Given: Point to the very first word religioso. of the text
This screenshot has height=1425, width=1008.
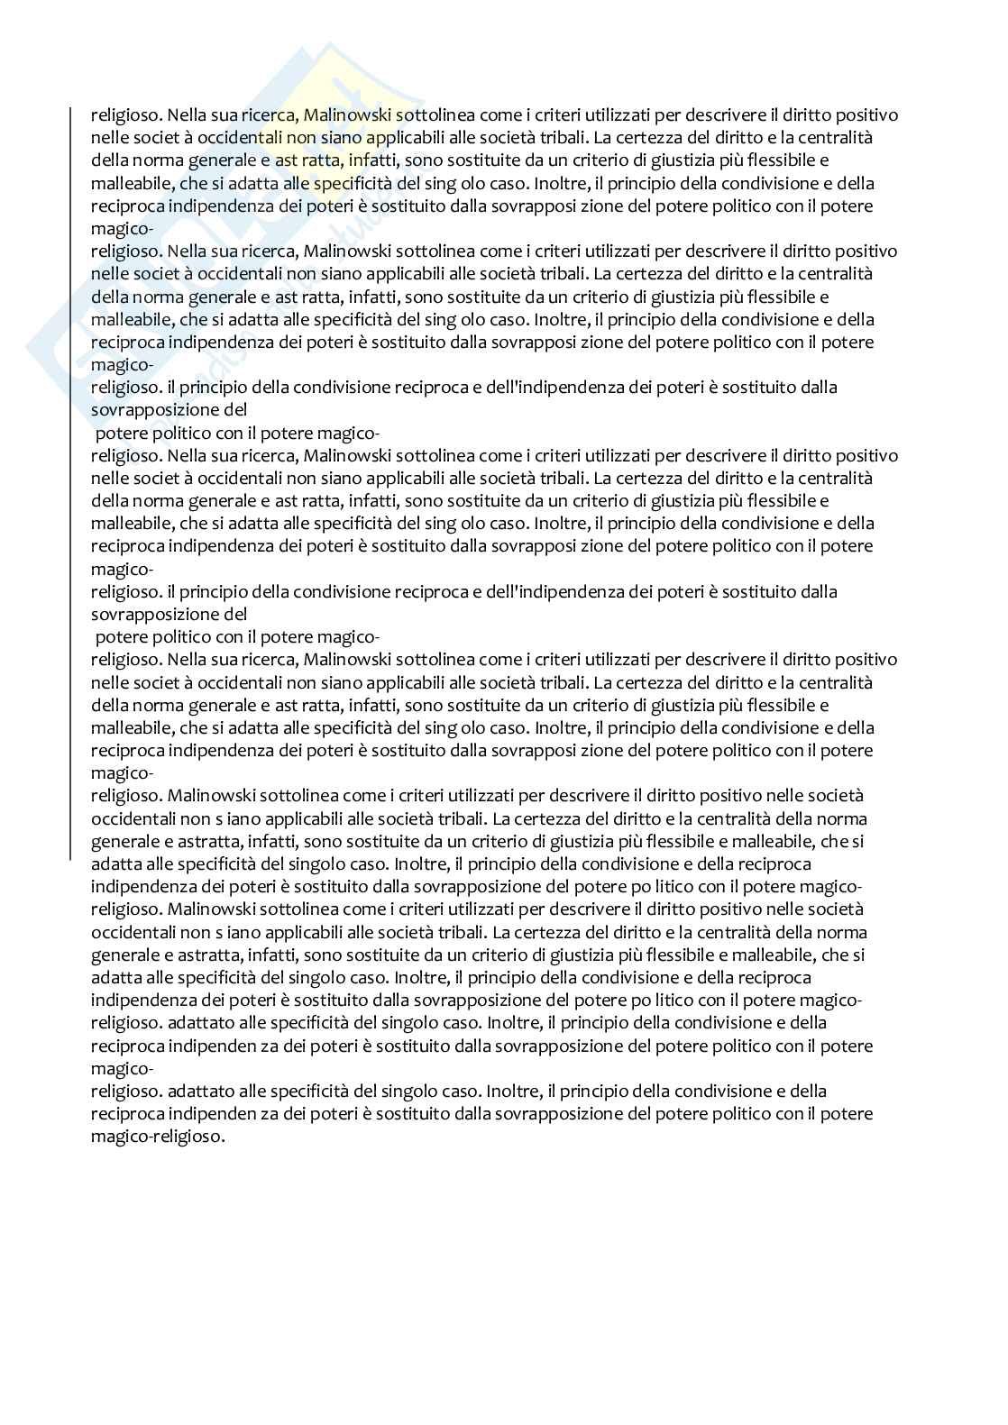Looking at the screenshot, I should coord(126,115).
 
